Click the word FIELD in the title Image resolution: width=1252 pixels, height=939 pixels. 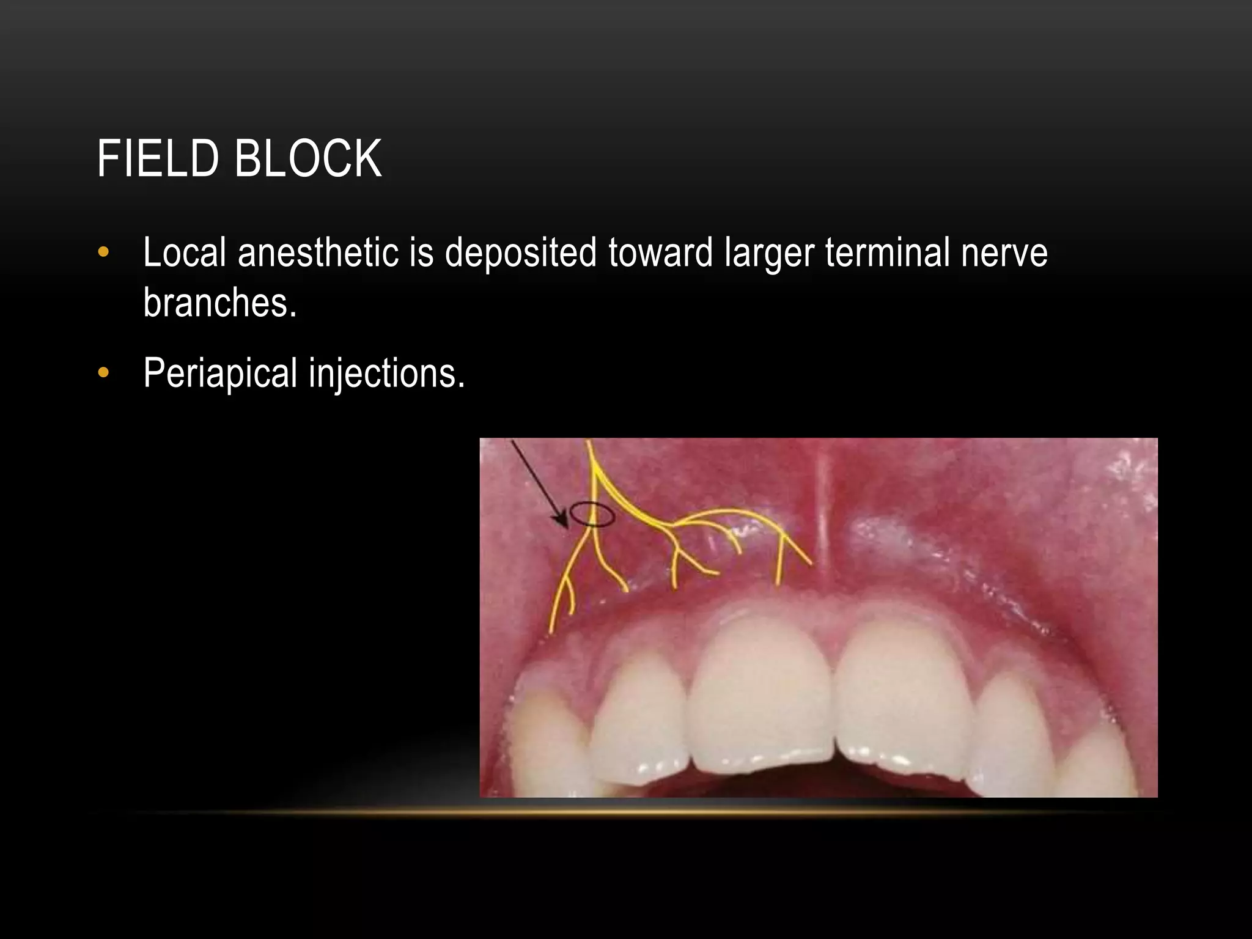pyautogui.click(x=158, y=159)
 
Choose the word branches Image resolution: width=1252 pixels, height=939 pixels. pyautogui.click(x=219, y=302)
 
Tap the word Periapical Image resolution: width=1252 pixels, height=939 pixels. pyautogui.click(x=220, y=373)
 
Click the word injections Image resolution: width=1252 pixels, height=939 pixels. pyautogui.click(x=386, y=373)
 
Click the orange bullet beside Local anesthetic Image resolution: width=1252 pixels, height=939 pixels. pyautogui.click(x=103, y=252)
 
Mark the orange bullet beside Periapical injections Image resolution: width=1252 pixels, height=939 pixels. pyautogui.click(x=103, y=372)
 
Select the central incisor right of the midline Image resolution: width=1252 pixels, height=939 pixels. pyautogui.click(x=899, y=703)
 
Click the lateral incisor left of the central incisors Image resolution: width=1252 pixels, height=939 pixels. pyautogui.click(x=639, y=727)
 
